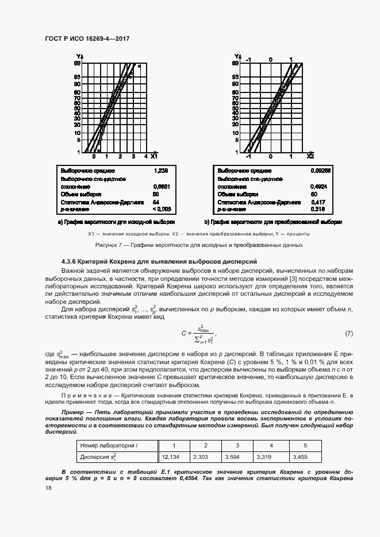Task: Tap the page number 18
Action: pos(48,488)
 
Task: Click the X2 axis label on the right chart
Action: pos(310,156)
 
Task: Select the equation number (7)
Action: pos(348,334)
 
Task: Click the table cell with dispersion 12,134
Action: pos(171,457)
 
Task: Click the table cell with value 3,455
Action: pos(301,457)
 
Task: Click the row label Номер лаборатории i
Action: pos(109,445)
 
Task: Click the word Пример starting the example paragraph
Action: pos(73,412)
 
